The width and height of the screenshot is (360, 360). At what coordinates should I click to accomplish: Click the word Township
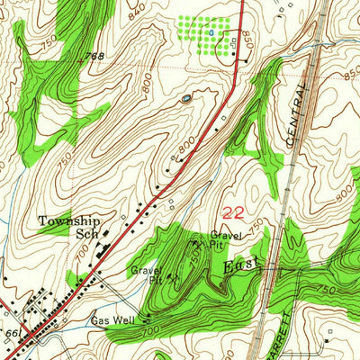(68, 220)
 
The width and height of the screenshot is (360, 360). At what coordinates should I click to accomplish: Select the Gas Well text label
(111, 320)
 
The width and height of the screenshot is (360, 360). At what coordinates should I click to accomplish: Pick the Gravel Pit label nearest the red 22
(224, 238)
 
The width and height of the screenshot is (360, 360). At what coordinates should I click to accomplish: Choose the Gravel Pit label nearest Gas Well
(144, 273)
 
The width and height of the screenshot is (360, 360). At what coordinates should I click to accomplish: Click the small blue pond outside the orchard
(186, 99)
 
